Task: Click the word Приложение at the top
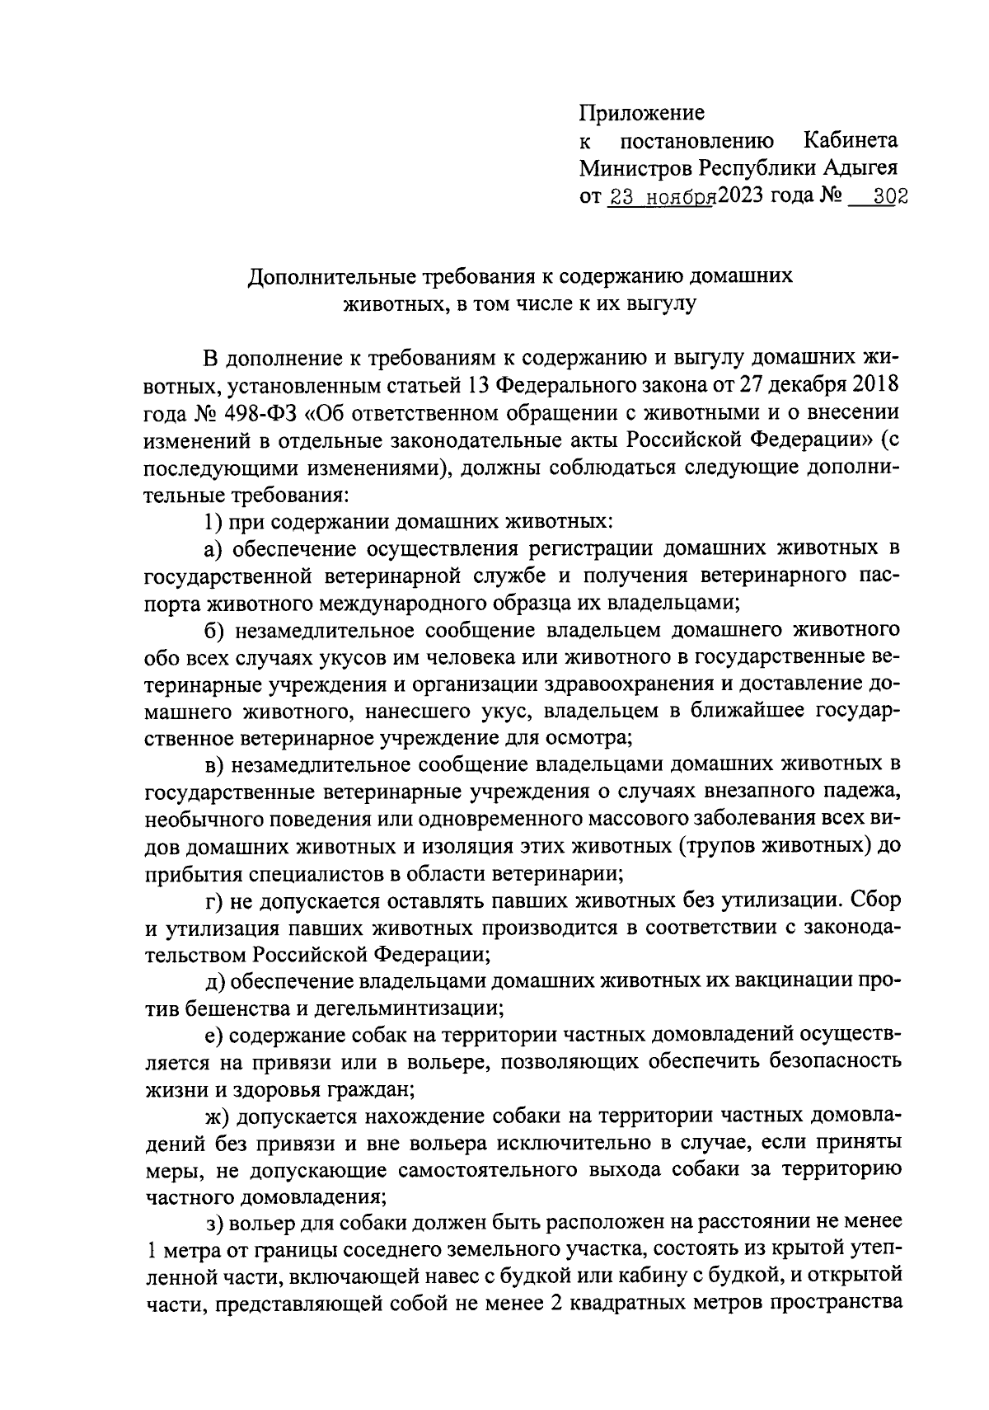[x=642, y=112]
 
